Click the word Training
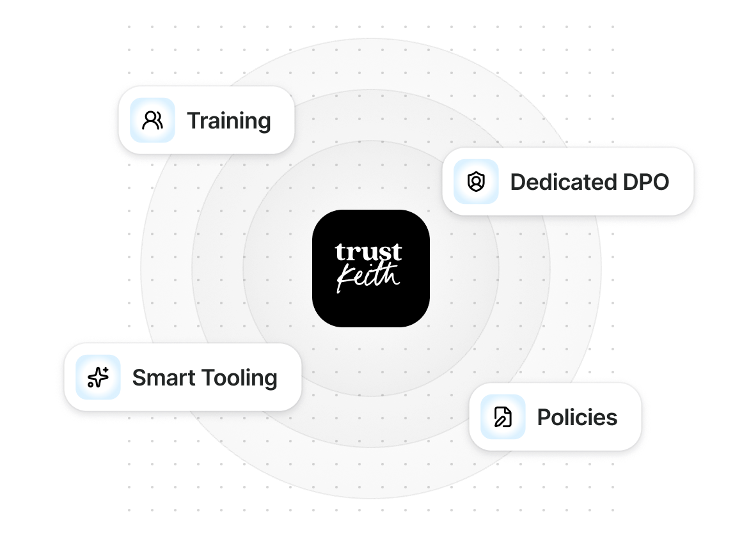tap(229, 121)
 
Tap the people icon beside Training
tap(152, 120)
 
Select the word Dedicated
tap(553, 182)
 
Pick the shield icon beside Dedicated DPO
tap(476, 182)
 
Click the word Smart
tap(162, 377)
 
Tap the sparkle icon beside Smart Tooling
tap(99, 377)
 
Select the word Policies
tap(577, 417)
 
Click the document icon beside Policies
tap(503, 417)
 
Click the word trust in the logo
tap(368, 252)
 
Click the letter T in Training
tap(193, 121)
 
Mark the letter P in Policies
tap(543, 417)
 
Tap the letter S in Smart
tap(139, 377)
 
